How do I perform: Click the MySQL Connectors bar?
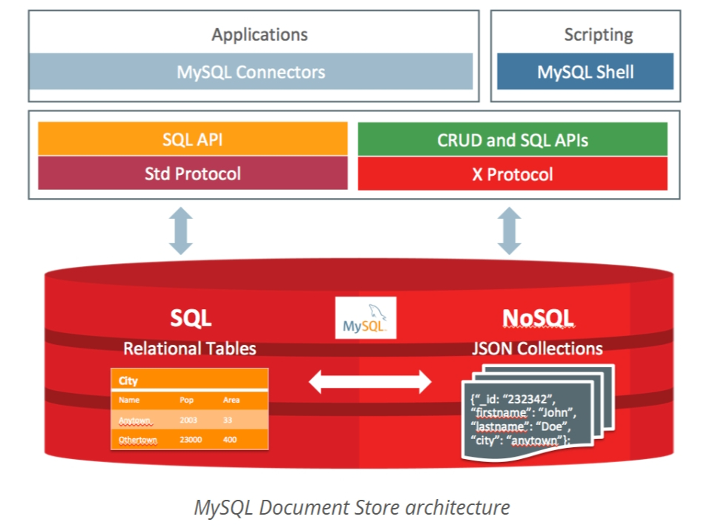click(x=251, y=71)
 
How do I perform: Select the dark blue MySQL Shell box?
click(x=585, y=71)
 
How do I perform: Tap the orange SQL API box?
click(x=193, y=139)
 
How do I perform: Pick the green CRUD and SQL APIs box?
click(x=513, y=139)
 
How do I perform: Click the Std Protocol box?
click(x=193, y=173)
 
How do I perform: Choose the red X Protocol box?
click(x=513, y=174)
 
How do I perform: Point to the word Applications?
click(x=260, y=35)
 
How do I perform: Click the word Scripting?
click(x=599, y=35)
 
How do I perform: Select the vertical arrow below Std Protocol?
click(x=181, y=231)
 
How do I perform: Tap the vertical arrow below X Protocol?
click(x=510, y=231)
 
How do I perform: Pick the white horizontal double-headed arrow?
click(x=370, y=382)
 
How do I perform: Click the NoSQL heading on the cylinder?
click(x=538, y=318)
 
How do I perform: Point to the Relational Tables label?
click(x=189, y=349)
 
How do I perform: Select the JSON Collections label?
click(x=537, y=349)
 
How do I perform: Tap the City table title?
click(x=128, y=380)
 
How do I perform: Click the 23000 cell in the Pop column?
click(x=191, y=440)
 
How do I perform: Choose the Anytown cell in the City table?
click(x=134, y=420)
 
